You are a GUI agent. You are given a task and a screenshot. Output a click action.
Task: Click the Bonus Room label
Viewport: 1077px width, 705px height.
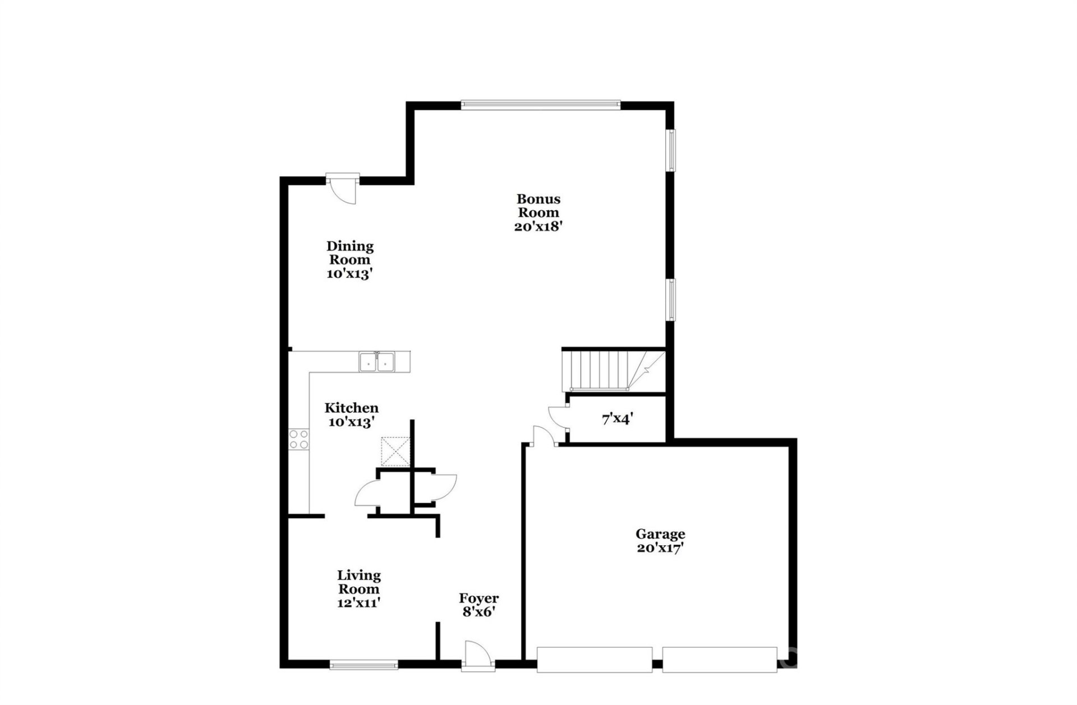click(x=538, y=205)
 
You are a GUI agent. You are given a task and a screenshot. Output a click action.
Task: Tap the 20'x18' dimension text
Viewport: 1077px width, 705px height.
click(x=538, y=227)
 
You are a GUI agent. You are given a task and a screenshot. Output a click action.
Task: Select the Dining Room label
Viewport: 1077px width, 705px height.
click(x=350, y=252)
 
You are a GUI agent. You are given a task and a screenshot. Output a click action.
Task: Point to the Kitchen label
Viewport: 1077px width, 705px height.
click(x=351, y=408)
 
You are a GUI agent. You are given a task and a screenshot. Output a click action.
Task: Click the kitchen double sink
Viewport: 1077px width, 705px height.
click(x=377, y=362)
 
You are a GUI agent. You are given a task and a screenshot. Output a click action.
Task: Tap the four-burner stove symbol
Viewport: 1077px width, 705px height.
click(x=298, y=439)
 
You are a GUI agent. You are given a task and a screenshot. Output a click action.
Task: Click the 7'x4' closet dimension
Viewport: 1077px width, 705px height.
click(x=618, y=418)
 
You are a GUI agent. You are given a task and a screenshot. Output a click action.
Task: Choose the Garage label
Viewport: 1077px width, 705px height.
click(x=660, y=534)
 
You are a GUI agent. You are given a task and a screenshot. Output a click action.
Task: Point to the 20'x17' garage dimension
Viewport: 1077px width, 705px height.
click(x=660, y=549)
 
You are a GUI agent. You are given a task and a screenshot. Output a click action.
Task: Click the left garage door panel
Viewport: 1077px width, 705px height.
click(x=595, y=660)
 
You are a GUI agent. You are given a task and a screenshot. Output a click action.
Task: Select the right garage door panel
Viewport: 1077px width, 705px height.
click(x=720, y=660)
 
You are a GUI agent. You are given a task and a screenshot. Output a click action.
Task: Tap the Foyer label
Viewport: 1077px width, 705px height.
click(x=478, y=598)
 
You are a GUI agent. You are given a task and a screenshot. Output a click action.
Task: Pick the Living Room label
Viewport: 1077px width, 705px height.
click(x=358, y=582)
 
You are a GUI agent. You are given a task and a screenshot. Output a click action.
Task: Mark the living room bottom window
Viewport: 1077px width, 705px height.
click(x=364, y=665)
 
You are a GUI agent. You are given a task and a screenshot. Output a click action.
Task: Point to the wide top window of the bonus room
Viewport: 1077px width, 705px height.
click(x=541, y=104)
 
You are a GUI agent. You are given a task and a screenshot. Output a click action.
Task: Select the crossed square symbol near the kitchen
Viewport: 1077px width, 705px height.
click(x=395, y=451)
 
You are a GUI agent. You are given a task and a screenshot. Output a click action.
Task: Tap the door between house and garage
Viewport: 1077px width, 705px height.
click(x=542, y=437)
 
